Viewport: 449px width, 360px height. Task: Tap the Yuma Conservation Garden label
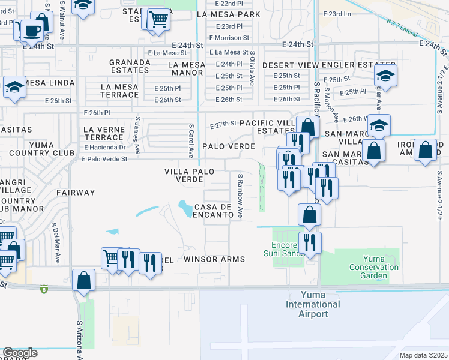point(373,267)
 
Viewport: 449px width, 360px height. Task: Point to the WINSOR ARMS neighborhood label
point(214,259)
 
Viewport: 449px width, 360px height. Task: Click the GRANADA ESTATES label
point(129,66)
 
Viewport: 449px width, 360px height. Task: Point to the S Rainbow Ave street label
point(240,196)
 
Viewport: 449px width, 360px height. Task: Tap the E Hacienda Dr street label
point(106,147)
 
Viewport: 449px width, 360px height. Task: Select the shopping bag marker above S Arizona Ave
point(83,280)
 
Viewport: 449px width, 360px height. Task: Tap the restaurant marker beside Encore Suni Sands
point(310,243)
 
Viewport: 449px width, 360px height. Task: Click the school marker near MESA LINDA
point(14,87)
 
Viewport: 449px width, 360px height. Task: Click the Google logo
point(20,353)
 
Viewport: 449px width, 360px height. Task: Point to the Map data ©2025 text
point(423,355)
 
